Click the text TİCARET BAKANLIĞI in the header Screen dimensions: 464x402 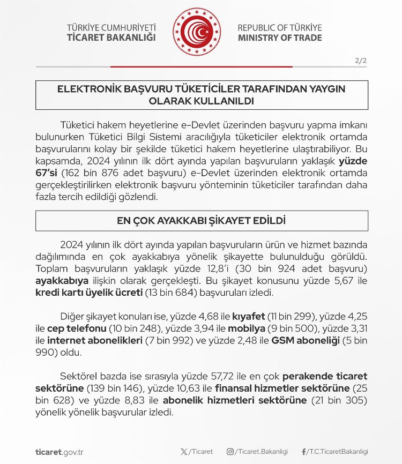pos(111,38)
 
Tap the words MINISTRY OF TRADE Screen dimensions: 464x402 pos(279,38)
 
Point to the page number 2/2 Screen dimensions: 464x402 pos(361,61)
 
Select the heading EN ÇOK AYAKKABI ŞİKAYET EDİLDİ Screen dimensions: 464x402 pos(201,221)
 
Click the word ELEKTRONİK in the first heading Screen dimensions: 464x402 pos(90,89)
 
